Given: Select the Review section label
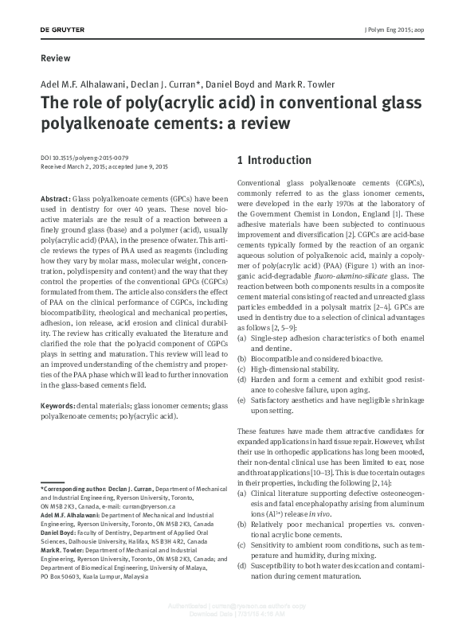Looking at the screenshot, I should tap(54, 58).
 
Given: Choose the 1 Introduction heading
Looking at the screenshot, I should tap(274, 160).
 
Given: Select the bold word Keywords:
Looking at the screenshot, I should tap(59, 406).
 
